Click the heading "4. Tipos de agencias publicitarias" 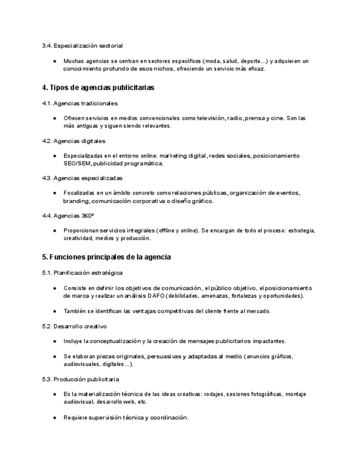[98, 87]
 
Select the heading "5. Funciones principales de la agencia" [106, 257]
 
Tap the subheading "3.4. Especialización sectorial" [82, 45]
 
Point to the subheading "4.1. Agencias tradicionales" [80, 103]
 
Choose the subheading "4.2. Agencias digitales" [74, 141]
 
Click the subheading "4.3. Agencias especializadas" [82, 178]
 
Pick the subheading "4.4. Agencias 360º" [68, 215]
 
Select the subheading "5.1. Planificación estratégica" [82, 273]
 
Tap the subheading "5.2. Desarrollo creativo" [74, 326]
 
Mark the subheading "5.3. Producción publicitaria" [80, 379]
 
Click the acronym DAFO [156, 296]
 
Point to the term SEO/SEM [77, 163]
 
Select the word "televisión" [209, 118]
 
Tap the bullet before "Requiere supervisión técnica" [54, 418]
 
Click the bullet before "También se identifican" [54, 311]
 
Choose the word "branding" [75, 201]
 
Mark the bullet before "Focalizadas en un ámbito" [54, 193]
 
